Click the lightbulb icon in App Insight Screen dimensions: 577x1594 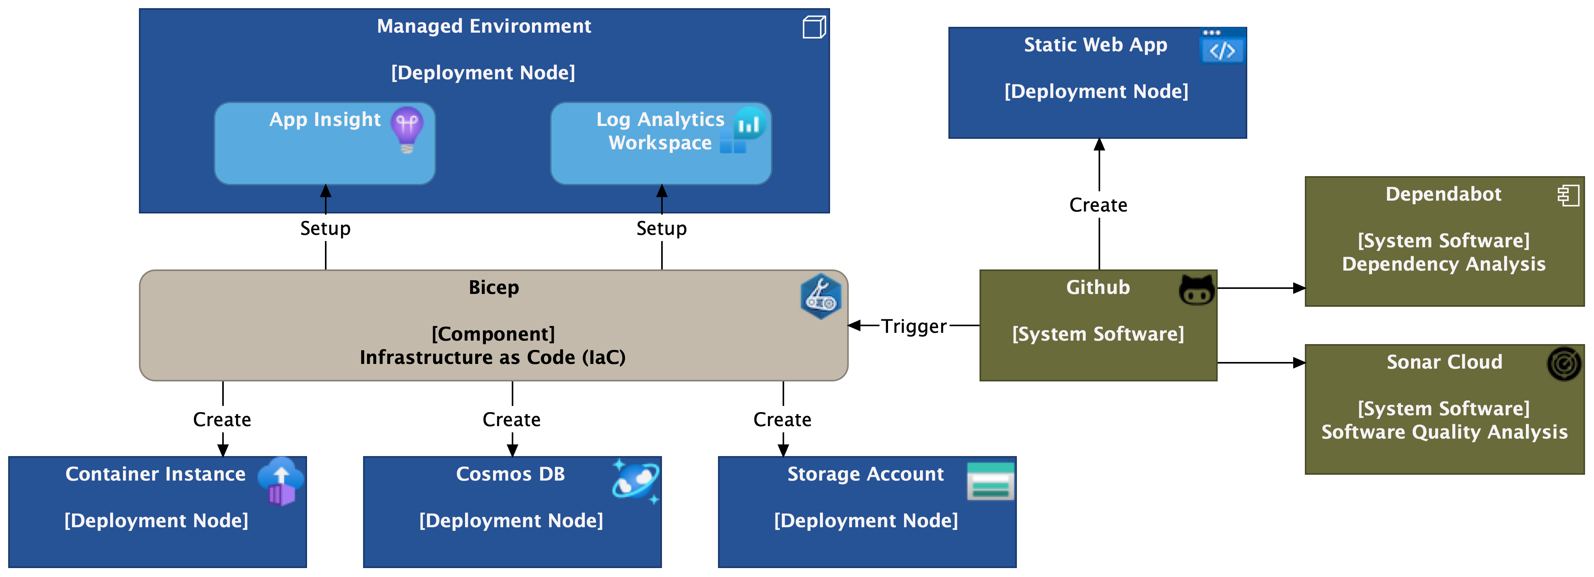click(407, 129)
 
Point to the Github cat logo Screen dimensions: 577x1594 click(1197, 289)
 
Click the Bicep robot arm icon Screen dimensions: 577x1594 click(820, 296)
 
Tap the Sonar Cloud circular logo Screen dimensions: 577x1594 click(1564, 364)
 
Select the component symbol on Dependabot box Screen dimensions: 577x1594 click(1568, 196)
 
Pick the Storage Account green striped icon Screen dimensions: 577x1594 click(990, 481)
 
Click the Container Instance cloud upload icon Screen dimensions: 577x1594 click(281, 481)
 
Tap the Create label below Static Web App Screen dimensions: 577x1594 click(1098, 205)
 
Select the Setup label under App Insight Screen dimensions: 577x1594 click(325, 228)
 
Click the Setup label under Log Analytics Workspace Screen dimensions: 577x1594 click(662, 228)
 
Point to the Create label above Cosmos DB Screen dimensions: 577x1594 click(512, 419)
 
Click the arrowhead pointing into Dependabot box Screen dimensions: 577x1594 click(1299, 288)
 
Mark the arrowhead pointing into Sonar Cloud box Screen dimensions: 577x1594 click(1299, 363)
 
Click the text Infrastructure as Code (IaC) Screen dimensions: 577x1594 click(493, 357)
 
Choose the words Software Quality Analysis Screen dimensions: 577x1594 click(1444, 432)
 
